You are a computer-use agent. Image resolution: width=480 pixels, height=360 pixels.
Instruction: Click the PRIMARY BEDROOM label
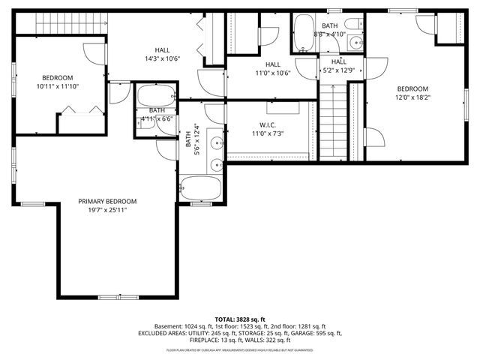(x=108, y=201)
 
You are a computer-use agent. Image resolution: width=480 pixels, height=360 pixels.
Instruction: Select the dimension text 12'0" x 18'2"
(x=412, y=97)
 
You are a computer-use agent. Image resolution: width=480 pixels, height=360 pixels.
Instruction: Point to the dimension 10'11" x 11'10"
(x=57, y=86)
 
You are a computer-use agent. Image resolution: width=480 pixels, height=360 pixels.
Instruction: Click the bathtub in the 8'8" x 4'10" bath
(x=304, y=31)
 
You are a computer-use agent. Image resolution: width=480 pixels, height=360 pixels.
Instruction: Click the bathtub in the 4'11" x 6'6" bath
(x=156, y=96)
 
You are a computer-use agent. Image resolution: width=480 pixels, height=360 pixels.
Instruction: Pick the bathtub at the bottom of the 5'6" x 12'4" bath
(x=201, y=187)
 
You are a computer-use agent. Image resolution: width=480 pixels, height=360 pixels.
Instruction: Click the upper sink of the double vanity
(x=217, y=142)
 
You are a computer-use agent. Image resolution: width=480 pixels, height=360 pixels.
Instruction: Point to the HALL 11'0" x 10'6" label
(x=272, y=69)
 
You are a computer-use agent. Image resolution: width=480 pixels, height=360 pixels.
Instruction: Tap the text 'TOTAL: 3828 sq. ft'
(x=240, y=319)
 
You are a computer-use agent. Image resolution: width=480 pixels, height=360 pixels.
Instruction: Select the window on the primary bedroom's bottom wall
(x=118, y=298)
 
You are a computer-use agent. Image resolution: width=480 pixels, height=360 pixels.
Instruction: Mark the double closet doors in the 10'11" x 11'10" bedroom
(x=81, y=111)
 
